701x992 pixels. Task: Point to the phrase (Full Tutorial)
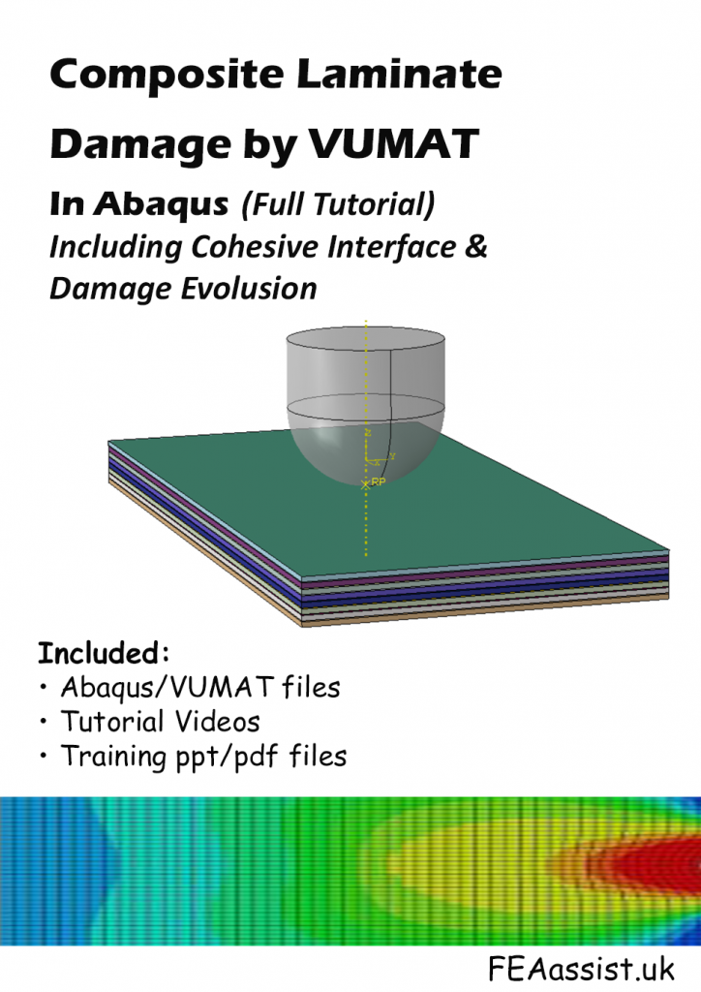click(x=336, y=204)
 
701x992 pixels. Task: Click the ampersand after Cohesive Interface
click(x=476, y=246)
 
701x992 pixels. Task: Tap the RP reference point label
click(x=379, y=481)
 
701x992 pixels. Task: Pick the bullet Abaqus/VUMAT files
click(x=199, y=688)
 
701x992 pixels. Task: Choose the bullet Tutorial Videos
click(x=160, y=722)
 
